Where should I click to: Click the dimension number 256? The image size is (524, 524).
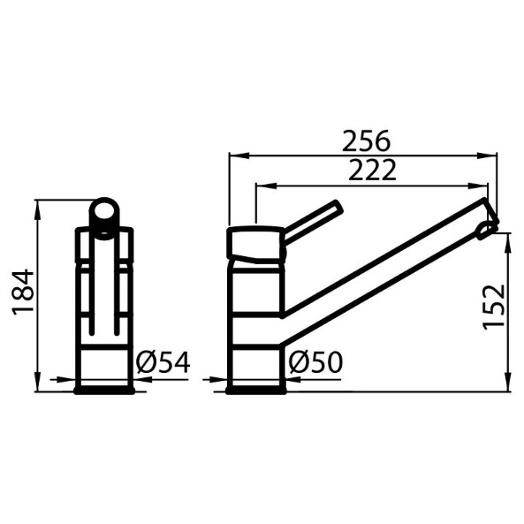(x=366, y=140)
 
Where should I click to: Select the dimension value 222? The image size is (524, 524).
(x=372, y=170)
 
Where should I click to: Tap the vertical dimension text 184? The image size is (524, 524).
(x=23, y=292)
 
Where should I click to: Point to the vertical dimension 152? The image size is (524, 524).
(x=494, y=307)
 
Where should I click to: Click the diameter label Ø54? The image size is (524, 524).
(x=163, y=362)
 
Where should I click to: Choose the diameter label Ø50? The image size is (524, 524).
(x=315, y=362)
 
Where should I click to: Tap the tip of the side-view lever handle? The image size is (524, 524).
(x=338, y=207)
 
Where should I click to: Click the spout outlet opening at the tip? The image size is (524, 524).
(x=486, y=231)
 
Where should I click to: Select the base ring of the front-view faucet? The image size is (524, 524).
(x=104, y=390)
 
